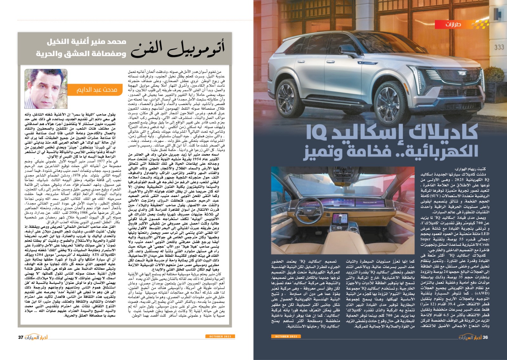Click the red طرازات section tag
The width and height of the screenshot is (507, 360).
453,25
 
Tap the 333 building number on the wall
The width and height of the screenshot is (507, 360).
499,47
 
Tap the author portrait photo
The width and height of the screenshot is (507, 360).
46,89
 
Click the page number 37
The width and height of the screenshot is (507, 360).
21,337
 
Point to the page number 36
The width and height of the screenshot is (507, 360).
485,337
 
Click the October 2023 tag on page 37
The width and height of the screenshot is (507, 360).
220,336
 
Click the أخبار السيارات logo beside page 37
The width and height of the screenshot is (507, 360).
36,337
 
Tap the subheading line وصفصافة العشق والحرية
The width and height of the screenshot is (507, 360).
80,53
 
